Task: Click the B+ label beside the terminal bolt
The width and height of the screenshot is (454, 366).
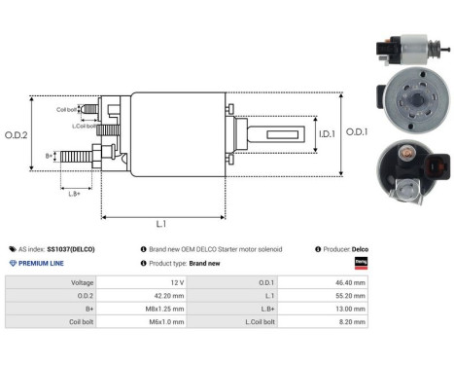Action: click(x=50, y=156)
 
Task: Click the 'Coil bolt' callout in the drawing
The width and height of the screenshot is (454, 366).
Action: click(x=67, y=110)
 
